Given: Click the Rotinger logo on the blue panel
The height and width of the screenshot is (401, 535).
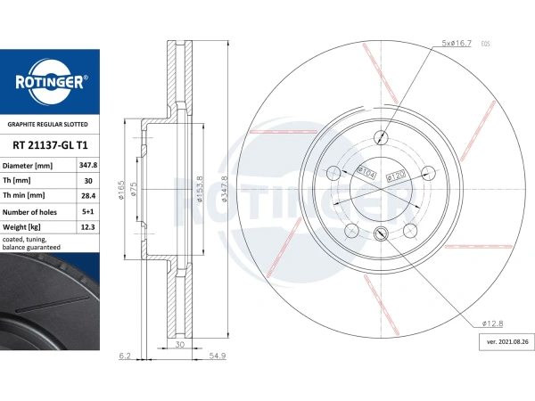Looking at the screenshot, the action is click(x=50, y=82).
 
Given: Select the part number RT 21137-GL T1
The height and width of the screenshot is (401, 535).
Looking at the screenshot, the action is click(x=50, y=145).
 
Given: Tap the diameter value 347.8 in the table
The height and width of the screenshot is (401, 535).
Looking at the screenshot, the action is click(x=88, y=166).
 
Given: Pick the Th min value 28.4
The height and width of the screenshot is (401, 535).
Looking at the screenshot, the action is click(x=88, y=196).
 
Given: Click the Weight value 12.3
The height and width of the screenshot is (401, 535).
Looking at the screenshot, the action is click(x=87, y=227).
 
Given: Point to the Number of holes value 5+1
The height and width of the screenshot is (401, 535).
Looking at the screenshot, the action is click(x=87, y=212).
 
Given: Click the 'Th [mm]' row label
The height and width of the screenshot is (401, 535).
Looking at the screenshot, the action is click(x=16, y=180).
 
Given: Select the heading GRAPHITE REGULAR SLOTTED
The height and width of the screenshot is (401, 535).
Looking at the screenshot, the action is click(x=48, y=125).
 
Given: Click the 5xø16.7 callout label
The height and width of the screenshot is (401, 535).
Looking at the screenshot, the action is click(x=457, y=43).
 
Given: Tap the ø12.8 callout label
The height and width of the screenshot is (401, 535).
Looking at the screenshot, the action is click(x=492, y=323).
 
